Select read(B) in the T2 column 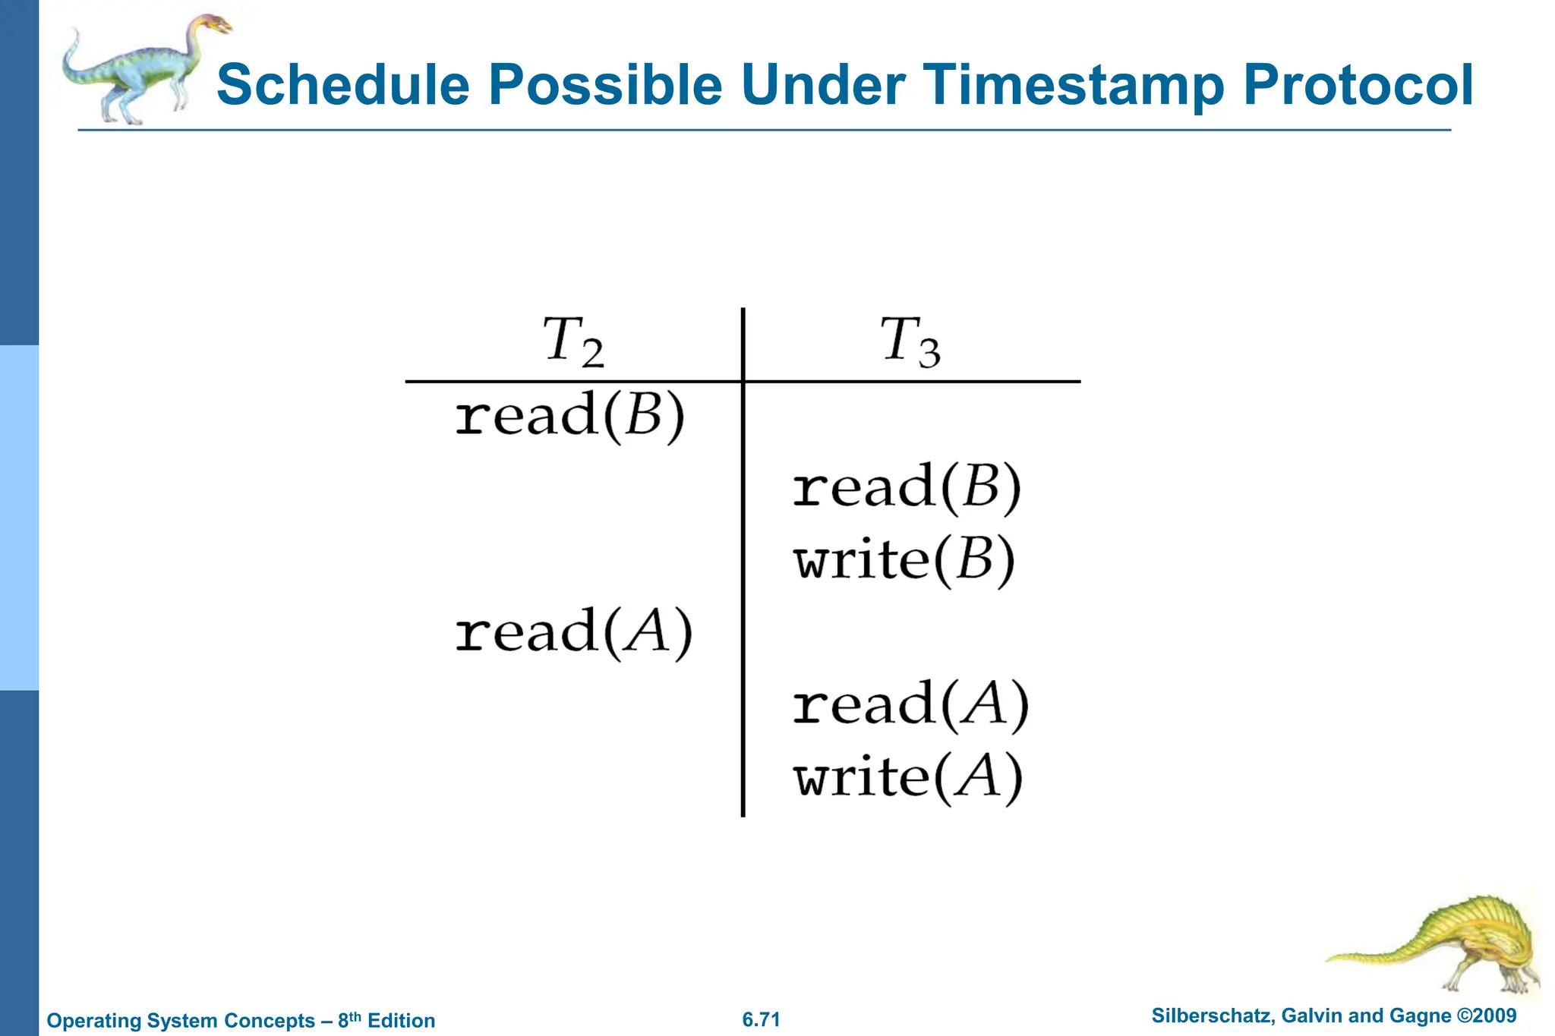tap(569, 416)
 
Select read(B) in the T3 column tap(907, 487)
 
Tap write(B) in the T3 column tap(904, 560)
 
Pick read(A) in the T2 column tap(573, 632)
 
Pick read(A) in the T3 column tap(910, 704)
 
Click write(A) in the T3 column tap(908, 777)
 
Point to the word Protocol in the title tap(1358, 85)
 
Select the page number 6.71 tap(761, 1019)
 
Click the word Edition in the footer tap(401, 1020)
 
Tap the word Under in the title tap(822, 85)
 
